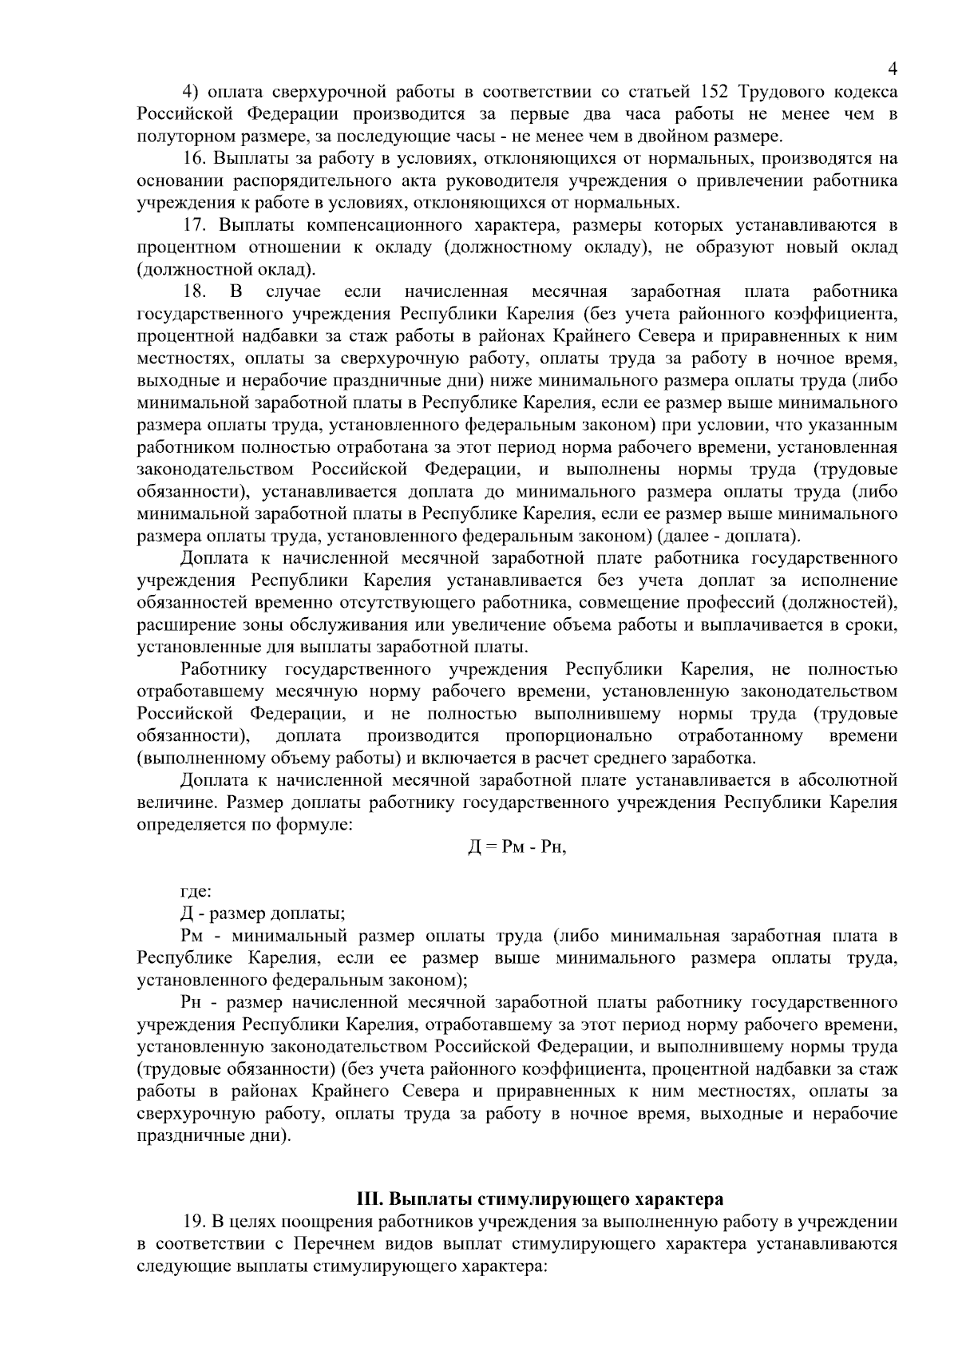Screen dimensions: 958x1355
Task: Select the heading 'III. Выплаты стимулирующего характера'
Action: pyautogui.click(x=540, y=1199)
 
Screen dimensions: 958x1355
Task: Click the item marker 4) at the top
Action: pyautogui.click(x=192, y=91)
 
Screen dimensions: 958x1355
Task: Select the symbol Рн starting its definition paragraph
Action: pyautogui.click(x=192, y=1002)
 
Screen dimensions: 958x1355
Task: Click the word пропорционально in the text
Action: pyautogui.click(x=579, y=735)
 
